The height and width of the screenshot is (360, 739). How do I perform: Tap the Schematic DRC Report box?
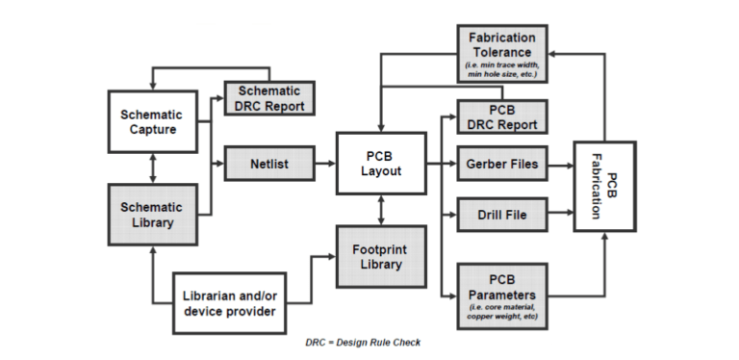(269, 96)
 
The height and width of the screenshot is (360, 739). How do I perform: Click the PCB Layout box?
(381, 164)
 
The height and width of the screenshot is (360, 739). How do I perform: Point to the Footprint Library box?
(381, 256)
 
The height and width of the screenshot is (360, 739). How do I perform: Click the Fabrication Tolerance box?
(502, 54)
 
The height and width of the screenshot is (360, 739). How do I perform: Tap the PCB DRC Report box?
(502, 116)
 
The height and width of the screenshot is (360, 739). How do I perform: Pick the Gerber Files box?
(502, 165)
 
